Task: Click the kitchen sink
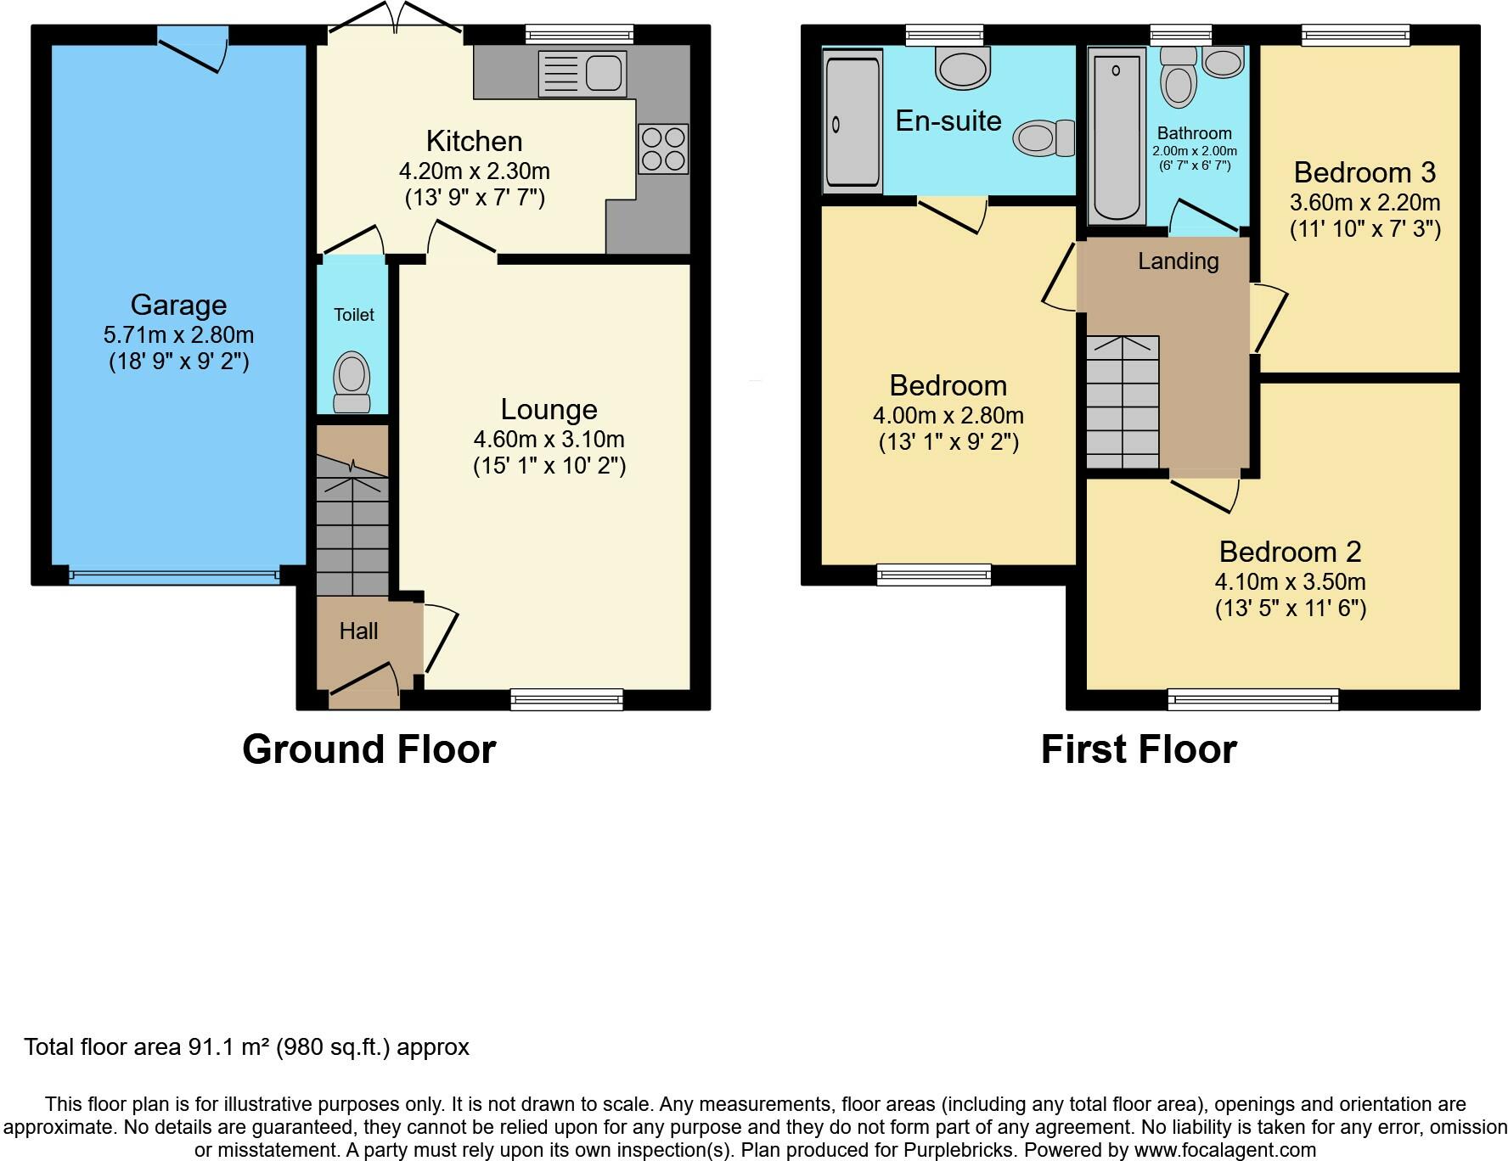[582, 74]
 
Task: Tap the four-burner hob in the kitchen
[664, 149]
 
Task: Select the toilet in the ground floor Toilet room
[352, 383]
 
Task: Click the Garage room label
[178, 305]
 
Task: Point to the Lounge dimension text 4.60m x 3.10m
[549, 440]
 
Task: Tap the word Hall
[358, 631]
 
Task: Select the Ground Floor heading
[369, 749]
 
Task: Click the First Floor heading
[1139, 749]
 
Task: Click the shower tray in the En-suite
[852, 121]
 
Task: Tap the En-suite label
[948, 121]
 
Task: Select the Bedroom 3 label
[1365, 172]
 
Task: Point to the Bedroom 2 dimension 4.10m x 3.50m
[1291, 582]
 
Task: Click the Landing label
[1179, 261]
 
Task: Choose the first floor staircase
[1123, 402]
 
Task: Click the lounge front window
[566, 699]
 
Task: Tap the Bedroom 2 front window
[1253, 699]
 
